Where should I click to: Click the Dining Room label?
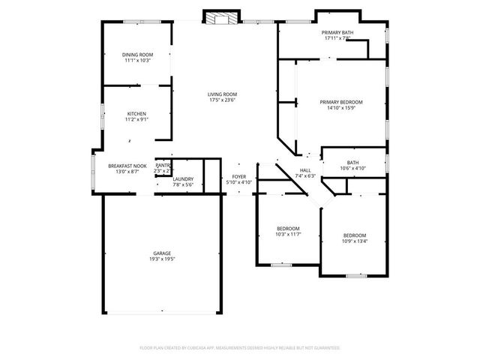(x=138, y=55)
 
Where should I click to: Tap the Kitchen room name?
(x=136, y=113)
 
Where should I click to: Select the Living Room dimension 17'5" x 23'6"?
(x=223, y=100)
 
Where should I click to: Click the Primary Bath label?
(x=337, y=33)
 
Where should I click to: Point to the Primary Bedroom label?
(x=341, y=102)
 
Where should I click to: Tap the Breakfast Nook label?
(x=127, y=166)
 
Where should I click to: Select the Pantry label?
(x=163, y=166)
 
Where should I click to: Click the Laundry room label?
(x=184, y=178)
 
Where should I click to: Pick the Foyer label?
(x=239, y=176)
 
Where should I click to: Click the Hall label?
(x=305, y=170)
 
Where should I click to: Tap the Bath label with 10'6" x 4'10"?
(x=352, y=163)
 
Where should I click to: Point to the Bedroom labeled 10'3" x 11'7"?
(x=288, y=229)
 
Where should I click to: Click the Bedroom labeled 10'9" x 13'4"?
(x=355, y=235)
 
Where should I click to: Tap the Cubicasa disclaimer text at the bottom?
(x=240, y=348)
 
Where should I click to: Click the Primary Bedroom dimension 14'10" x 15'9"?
(x=341, y=108)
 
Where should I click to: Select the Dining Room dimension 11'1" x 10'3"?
(x=138, y=61)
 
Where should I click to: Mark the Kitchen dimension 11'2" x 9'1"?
(x=136, y=119)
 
